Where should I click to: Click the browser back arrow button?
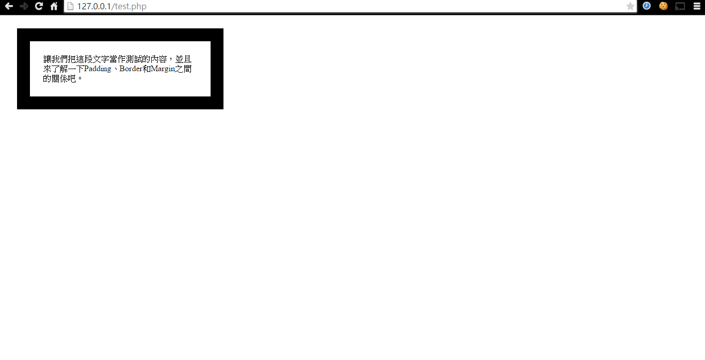coord(9,6)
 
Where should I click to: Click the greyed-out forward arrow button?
coord(24,6)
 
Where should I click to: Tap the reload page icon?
coord(39,6)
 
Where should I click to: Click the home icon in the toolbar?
coord(54,6)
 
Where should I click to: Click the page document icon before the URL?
coord(71,6)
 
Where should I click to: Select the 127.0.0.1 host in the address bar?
coord(94,6)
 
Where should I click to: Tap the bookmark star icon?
coord(630,6)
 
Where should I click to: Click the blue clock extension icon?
coord(647,6)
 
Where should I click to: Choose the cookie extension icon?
coord(663,6)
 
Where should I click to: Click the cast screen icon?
coord(680,6)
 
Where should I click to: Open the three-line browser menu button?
coord(697,6)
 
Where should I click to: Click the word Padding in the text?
coord(98,69)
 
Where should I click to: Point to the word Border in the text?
coord(131,69)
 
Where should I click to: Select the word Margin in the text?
coord(163,69)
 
